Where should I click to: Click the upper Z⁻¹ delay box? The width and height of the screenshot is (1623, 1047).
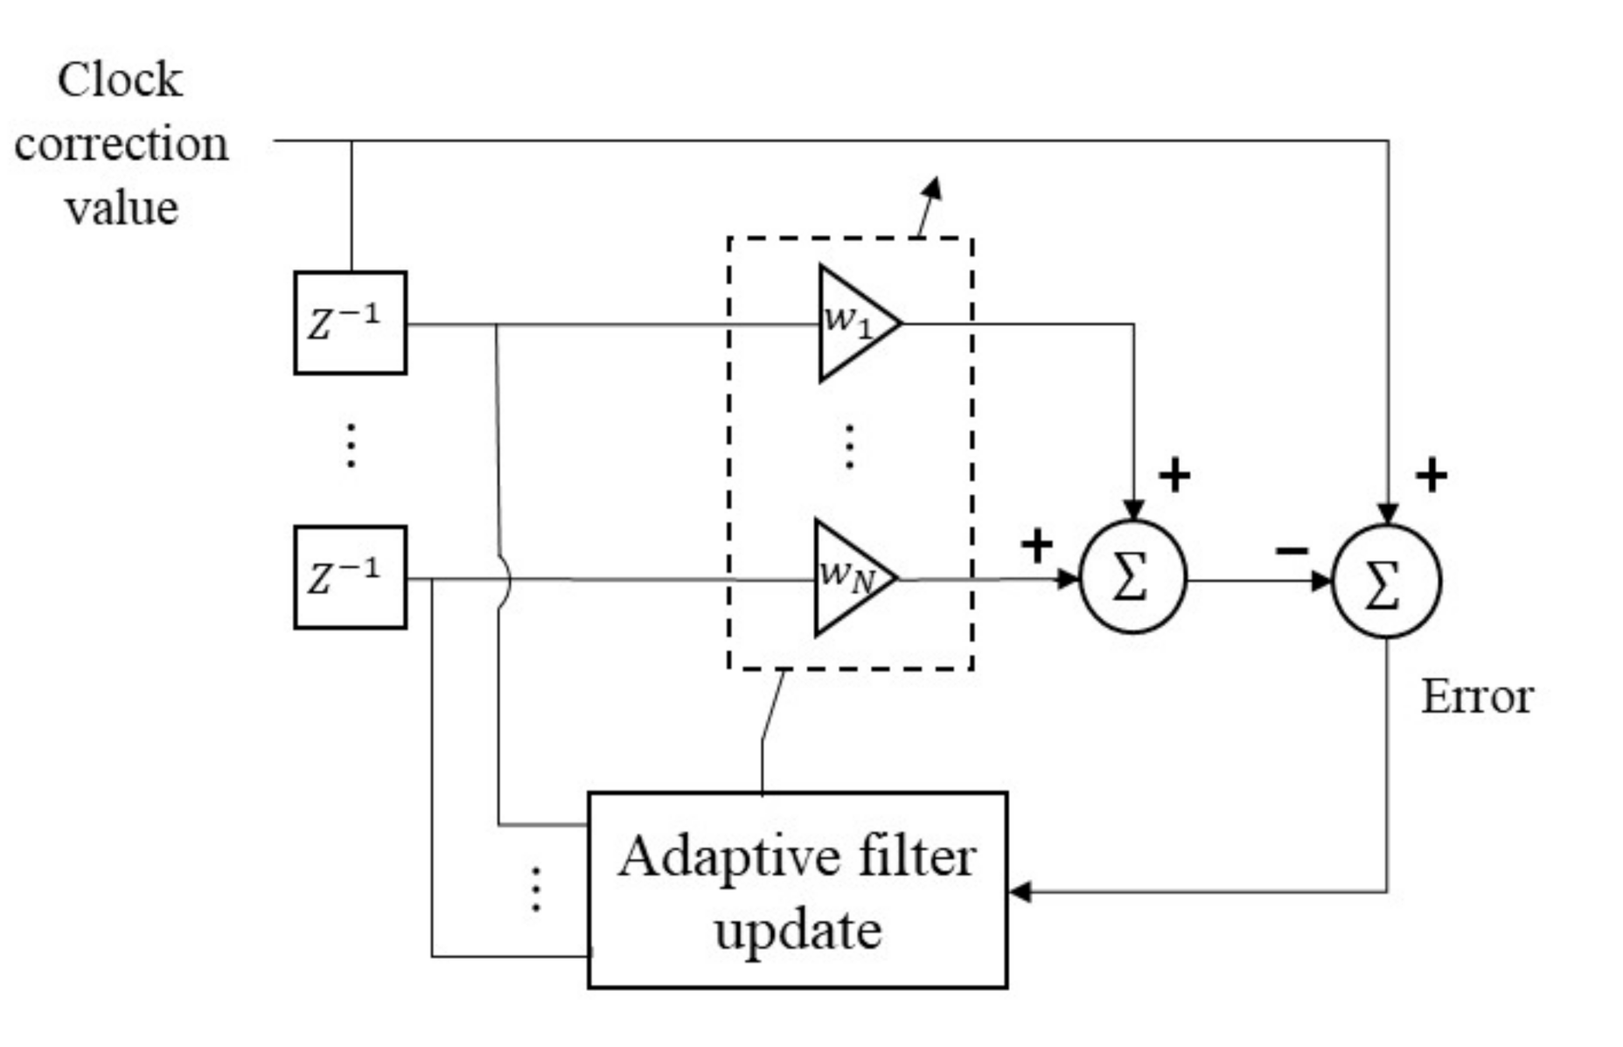pyautogui.click(x=350, y=323)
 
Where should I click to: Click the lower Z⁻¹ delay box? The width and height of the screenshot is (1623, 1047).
pyautogui.click(x=350, y=577)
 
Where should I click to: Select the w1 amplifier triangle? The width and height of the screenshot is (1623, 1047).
pyautogui.click(x=853, y=324)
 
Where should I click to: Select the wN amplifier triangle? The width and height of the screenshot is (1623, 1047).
pyautogui.click(x=850, y=577)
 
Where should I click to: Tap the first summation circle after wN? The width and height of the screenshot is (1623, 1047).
pyautogui.click(x=1132, y=577)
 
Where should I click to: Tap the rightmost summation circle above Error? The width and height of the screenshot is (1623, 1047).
pyautogui.click(x=1385, y=581)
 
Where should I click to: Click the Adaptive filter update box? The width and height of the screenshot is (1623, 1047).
pyautogui.click(x=797, y=890)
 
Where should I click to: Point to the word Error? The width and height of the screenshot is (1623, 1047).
pyautogui.click(x=1476, y=697)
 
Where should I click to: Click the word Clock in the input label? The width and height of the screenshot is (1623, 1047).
pyautogui.click(x=120, y=80)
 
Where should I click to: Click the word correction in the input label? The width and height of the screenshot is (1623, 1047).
pyautogui.click(x=121, y=144)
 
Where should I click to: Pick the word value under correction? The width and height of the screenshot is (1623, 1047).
pyautogui.click(x=122, y=208)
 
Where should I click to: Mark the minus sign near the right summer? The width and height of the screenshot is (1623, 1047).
pyautogui.click(x=1292, y=550)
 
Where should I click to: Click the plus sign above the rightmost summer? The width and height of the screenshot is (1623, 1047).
pyautogui.click(x=1431, y=476)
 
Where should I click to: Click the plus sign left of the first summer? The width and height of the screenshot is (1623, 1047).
pyautogui.click(x=1036, y=546)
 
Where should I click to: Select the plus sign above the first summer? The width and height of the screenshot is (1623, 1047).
pyautogui.click(x=1174, y=475)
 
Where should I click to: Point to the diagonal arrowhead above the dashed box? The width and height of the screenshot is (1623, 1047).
pyautogui.click(x=933, y=188)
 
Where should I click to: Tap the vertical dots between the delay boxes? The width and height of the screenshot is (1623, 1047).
pyautogui.click(x=351, y=446)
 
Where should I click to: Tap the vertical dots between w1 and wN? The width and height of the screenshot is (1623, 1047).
pyautogui.click(x=849, y=447)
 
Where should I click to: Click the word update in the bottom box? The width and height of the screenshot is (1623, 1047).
pyautogui.click(x=797, y=931)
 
